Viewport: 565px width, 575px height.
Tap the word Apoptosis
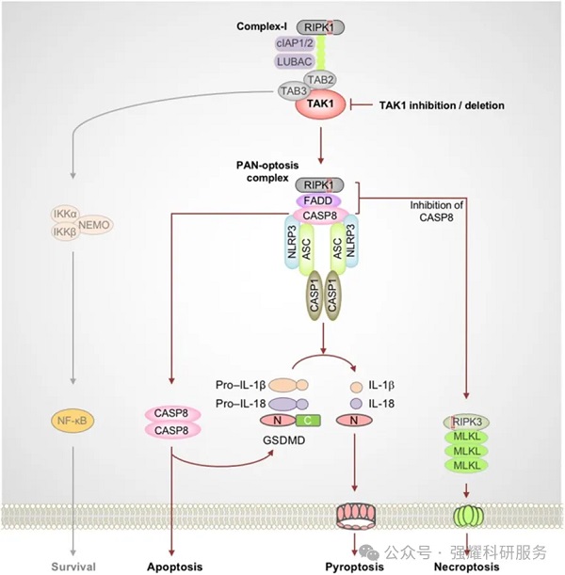click(x=174, y=567)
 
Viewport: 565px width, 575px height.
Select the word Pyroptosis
click(x=355, y=567)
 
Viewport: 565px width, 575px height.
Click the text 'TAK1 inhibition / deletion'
click(x=441, y=105)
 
